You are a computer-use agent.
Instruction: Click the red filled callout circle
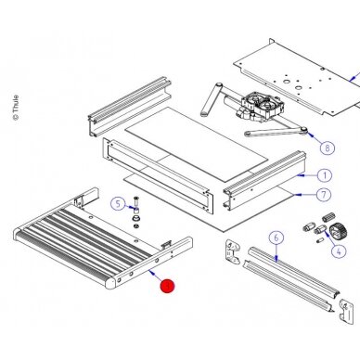pos(167,286)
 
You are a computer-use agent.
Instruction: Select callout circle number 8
pos(328,148)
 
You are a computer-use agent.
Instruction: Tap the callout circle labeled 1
pos(325,175)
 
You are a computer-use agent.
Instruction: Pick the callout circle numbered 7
pos(324,195)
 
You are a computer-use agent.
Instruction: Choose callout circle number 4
pos(339,251)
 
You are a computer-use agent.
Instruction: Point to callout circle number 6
pos(276,238)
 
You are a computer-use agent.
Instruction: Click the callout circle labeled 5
pos(118,204)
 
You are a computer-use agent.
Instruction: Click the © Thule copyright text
pos(16,108)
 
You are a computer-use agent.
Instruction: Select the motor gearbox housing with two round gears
pos(262,106)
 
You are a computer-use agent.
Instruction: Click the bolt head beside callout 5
pos(136,199)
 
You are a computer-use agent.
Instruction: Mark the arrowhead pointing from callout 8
pos(308,134)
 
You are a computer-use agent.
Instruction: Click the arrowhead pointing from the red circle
pos(150,271)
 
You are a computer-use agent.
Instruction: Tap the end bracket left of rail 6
pos(232,251)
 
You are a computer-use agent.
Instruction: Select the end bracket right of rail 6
pos(346,311)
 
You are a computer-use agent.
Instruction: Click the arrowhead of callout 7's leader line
pos(297,195)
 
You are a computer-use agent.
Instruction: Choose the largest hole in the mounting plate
pos(286,82)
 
